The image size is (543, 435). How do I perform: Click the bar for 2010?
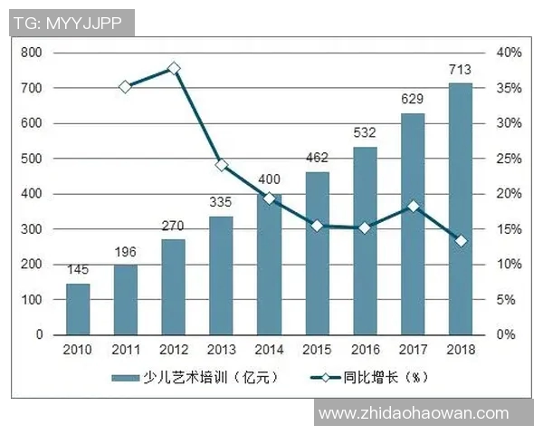click(x=78, y=309)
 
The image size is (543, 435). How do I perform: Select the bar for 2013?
click(x=222, y=275)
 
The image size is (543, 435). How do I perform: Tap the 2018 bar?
click(x=461, y=208)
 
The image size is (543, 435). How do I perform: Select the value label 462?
click(x=317, y=158)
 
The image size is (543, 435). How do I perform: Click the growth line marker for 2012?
click(x=174, y=68)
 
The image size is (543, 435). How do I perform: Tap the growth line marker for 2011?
click(x=126, y=86)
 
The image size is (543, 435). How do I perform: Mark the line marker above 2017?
click(x=413, y=207)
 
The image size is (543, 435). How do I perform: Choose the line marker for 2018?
click(x=461, y=241)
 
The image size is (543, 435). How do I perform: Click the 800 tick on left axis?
click(x=33, y=53)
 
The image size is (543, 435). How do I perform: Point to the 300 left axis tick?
click(x=33, y=229)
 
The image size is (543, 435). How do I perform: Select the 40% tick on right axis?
click(x=509, y=53)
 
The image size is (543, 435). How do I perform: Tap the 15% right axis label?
click(x=509, y=229)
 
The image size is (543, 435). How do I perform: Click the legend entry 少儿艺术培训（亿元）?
click(x=198, y=376)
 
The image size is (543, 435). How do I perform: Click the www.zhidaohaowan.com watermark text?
click(x=427, y=413)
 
